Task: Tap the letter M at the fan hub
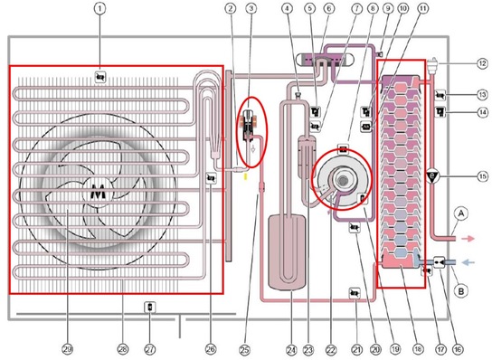pos(98,192)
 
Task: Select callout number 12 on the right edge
pos(471,64)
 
